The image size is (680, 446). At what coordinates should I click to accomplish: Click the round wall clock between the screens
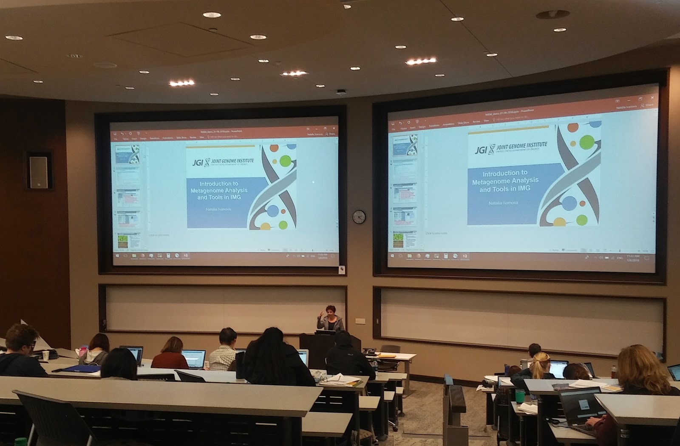click(x=359, y=217)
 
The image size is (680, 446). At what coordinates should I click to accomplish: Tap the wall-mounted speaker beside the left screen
click(x=39, y=172)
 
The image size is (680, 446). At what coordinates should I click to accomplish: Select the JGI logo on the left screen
click(x=198, y=163)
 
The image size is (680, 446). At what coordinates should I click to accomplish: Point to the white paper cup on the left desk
click(x=45, y=356)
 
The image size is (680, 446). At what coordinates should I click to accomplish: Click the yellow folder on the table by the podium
click(x=387, y=355)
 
